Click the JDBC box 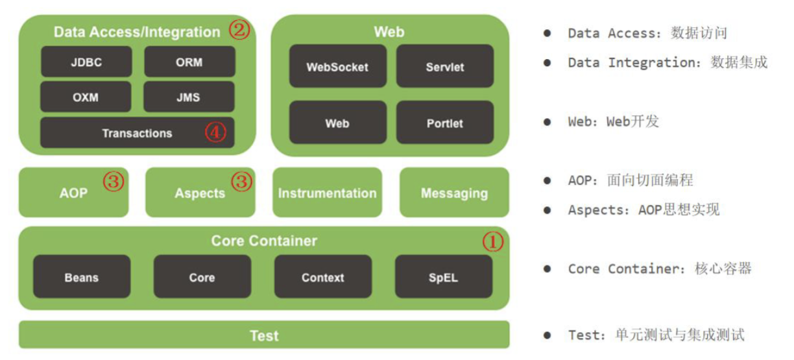click(86, 62)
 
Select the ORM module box click(189, 62)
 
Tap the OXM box click(86, 97)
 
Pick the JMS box click(189, 97)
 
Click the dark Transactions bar click(138, 133)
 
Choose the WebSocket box click(337, 66)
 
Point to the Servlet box click(445, 66)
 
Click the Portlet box click(445, 123)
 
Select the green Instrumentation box click(327, 193)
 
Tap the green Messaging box click(454, 193)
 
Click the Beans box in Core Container click(82, 277)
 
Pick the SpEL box click(443, 277)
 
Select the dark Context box click(322, 277)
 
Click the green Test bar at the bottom click(264, 335)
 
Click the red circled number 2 click(239, 30)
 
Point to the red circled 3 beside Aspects click(241, 183)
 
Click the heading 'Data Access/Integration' click(137, 32)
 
